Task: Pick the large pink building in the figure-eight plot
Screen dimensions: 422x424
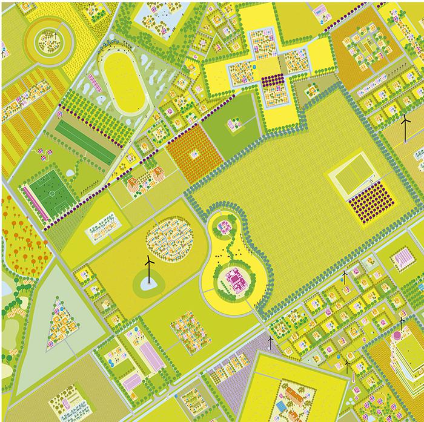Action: [233, 280]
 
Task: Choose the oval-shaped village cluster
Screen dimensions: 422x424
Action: [170, 239]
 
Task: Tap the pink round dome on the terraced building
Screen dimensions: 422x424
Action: [397, 334]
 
